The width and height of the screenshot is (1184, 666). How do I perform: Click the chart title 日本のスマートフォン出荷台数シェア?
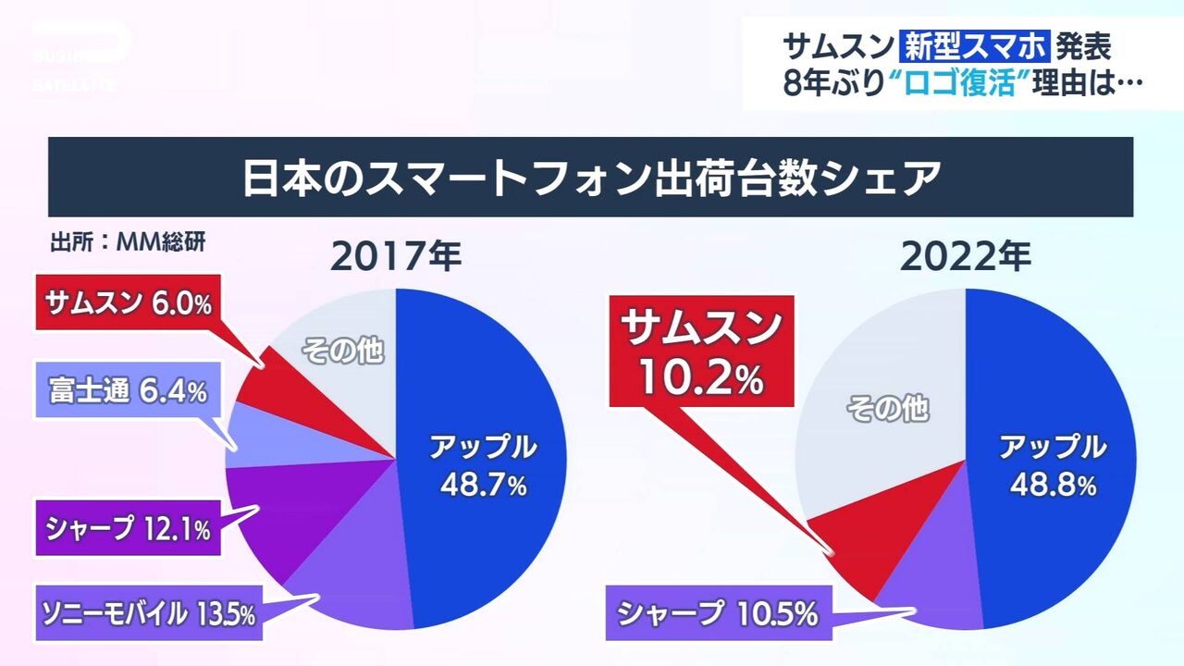click(590, 178)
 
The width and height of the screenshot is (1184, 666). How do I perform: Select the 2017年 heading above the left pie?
click(396, 258)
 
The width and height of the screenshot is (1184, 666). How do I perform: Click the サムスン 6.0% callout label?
click(129, 302)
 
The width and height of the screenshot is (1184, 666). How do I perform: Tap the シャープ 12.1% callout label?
click(128, 528)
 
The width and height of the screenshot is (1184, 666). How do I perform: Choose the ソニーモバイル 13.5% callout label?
click(148, 612)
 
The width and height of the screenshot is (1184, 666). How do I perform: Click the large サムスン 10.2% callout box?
click(701, 351)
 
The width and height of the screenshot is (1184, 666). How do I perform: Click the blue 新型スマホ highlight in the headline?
click(975, 44)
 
